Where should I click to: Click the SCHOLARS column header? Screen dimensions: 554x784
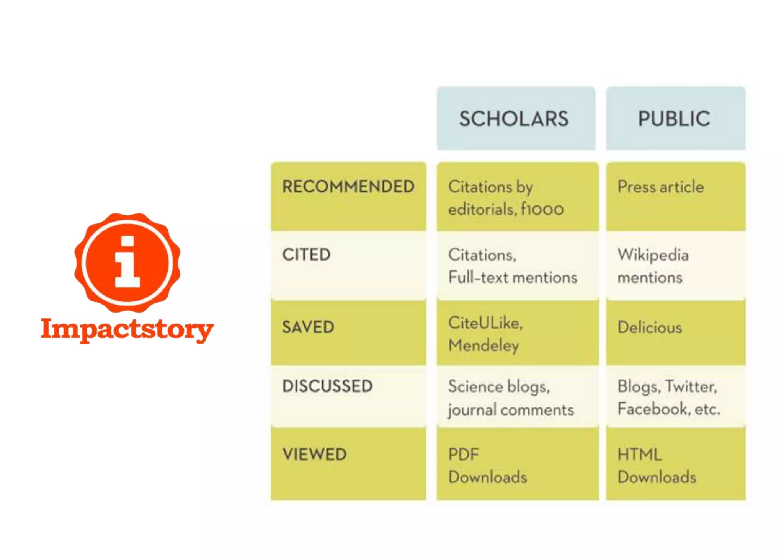click(514, 119)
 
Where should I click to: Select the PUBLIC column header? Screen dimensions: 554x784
click(674, 119)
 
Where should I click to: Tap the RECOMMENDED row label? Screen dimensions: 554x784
click(348, 187)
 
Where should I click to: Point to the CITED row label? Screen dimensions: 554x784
click(306, 255)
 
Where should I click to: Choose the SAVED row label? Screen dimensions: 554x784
click(308, 327)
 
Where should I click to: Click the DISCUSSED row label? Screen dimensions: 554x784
click(327, 386)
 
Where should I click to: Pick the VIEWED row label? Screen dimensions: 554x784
click(315, 455)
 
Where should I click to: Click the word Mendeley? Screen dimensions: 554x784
click(484, 345)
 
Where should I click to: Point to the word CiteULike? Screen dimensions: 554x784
click(485, 323)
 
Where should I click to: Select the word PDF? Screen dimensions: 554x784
click(464, 455)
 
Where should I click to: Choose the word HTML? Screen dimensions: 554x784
click(639, 455)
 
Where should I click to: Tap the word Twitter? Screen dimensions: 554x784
click(691, 386)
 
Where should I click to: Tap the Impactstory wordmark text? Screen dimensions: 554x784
click(127, 329)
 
